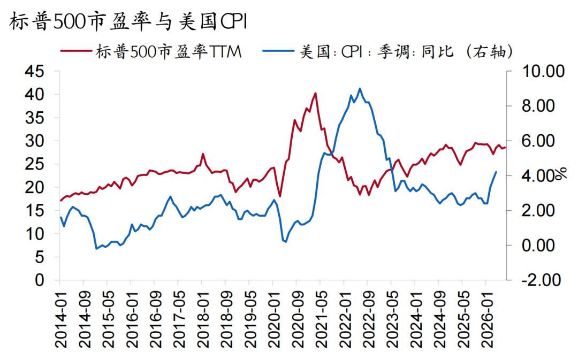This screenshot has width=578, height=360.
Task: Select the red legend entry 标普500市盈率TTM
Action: point(151,51)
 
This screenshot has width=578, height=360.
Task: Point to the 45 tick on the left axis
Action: point(34,71)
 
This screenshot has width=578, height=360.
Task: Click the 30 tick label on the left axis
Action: point(34,141)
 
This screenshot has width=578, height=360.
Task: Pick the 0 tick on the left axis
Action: point(40,280)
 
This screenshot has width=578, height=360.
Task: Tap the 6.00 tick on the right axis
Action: point(538,141)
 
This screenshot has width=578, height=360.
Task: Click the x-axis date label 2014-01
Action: point(61,319)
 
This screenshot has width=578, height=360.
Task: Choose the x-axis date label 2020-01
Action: point(274,319)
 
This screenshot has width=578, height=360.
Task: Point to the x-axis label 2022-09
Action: point(369,319)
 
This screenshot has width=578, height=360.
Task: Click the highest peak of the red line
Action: point(316,93)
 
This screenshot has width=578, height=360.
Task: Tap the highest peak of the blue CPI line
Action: point(360,88)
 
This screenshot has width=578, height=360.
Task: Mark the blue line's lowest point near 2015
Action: point(96,249)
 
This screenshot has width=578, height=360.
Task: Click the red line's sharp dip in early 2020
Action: point(280,196)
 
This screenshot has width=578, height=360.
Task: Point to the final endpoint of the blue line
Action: point(496,172)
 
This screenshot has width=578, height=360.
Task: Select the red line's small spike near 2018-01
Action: point(203,154)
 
